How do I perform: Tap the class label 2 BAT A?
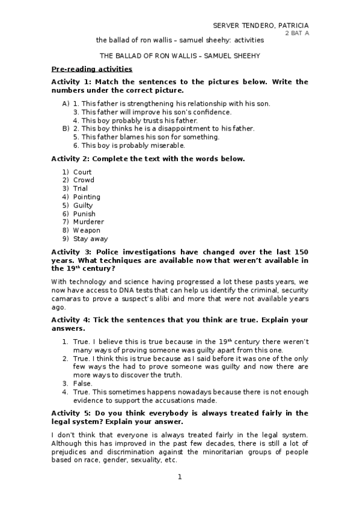pyautogui.click(x=297, y=34)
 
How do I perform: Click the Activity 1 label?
pyautogui.click(x=71, y=82)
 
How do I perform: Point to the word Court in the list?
pyautogui.click(x=82, y=172)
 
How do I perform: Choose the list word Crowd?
pyautogui.click(x=84, y=180)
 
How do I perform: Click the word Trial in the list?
pyautogui.click(x=81, y=189)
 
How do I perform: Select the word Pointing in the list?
pyautogui.click(x=87, y=197)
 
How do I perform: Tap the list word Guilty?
pyautogui.click(x=83, y=206)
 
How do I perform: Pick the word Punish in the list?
pyautogui.click(x=84, y=214)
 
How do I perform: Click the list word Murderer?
pyautogui.click(x=88, y=222)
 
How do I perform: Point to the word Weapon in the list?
pyautogui.click(x=87, y=230)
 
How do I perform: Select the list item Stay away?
pyautogui.click(x=89, y=239)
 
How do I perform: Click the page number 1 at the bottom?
pyautogui.click(x=179, y=477)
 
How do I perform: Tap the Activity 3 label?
pyautogui.click(x=71, y=252)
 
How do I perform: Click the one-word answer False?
pyautogui.click(x=82, y=384)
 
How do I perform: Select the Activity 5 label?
pyautogui.click(x=71, y=413)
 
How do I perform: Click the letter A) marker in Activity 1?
pyautogui.click(x=66, y=103)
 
